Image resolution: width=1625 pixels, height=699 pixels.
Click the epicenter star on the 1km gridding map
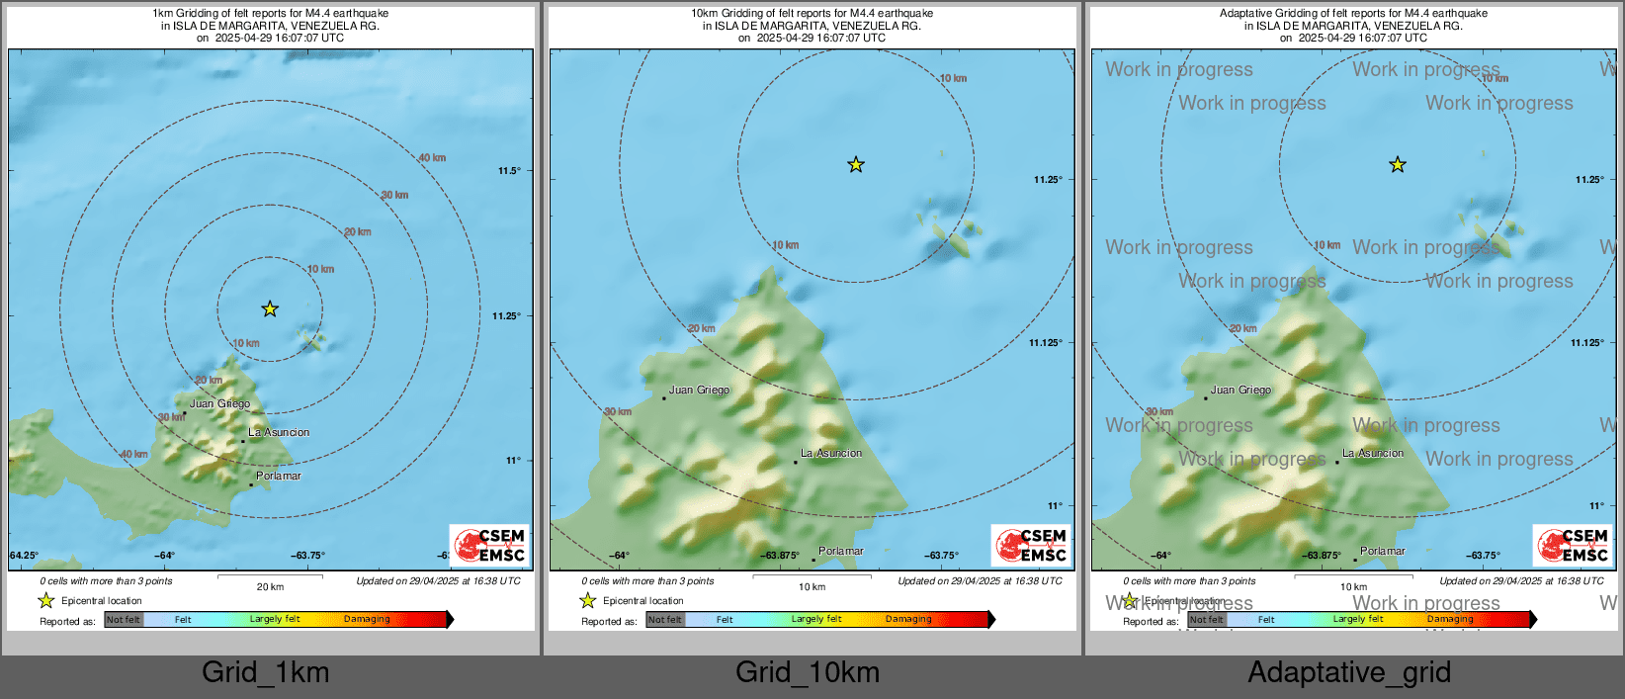click(x=270, y=309)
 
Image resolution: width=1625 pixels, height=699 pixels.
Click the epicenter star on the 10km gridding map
click(x=856, y=165)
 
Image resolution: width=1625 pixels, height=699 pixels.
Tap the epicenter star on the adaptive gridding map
click(x=1397, y=165)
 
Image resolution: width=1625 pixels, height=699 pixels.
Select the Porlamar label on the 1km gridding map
click(x=278, y=477)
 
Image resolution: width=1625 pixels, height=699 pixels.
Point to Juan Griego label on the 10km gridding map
click(x=699, y=391)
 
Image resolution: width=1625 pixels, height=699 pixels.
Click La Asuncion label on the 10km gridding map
click(x=831, y=454)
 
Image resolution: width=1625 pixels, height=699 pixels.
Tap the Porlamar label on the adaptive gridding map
click(x=1382, y=552)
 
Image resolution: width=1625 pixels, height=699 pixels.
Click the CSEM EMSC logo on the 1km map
click(x=490, y=545)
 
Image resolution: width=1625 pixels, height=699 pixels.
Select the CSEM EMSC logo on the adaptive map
click(x=1573, y=545)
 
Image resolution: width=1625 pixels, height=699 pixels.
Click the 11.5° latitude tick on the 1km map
click(x=509, y=171)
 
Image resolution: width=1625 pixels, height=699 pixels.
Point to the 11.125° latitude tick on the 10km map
click(x=1046, y=343)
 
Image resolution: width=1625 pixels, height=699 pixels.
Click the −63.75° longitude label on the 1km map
click(x=308, y=556)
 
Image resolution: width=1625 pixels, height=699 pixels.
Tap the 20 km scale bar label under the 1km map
click(x=270, y=587)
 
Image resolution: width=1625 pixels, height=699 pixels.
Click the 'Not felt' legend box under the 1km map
click(x=124, y=620)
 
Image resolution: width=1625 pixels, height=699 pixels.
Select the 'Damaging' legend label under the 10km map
click(x=908, y=620)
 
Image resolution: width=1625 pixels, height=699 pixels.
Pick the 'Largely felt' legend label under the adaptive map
click(x=1358, y=620)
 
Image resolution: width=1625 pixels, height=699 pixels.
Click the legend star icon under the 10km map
click(x=588, y=601)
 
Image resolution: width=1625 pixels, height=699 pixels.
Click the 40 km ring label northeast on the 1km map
click(x=432, y=158)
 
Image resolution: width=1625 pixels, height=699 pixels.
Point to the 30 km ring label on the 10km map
click(x=618, y=412)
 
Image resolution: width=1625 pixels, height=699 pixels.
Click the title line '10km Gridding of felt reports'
click(x=812, y=14)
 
